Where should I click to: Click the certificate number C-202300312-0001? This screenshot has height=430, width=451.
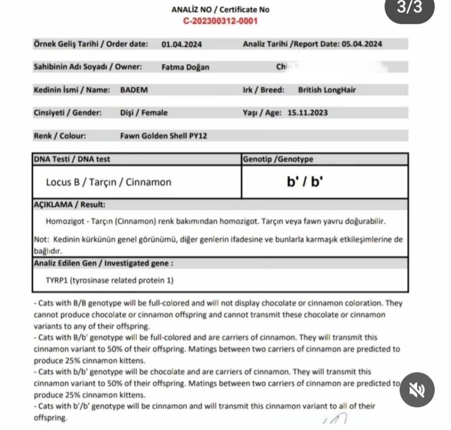(x=220, y=21)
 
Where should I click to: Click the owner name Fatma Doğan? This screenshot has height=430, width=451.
(x=185, y=67)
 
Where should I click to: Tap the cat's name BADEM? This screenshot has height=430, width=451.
(x=134, y=90)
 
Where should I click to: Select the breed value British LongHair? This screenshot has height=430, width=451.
(x=327, y=90)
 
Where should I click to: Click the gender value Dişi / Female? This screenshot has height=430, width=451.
(x=144, y=113)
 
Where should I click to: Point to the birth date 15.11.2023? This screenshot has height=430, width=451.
(x=307, y=113)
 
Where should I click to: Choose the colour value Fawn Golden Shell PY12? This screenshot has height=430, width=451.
(x=163, y=136)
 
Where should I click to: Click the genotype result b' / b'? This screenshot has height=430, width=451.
(x=304, y=182)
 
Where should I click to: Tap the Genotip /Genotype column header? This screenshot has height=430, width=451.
(x=278, y=159)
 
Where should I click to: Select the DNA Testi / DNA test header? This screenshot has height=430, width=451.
(x=72, y=159)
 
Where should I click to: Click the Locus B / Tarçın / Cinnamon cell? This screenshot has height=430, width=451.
(x=108, y=182)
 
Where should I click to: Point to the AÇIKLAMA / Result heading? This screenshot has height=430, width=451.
(x=70, y=205)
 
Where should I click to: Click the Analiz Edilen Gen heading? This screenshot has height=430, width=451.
(x=103, y=263)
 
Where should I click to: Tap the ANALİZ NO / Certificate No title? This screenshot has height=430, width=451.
(x=220, y=9)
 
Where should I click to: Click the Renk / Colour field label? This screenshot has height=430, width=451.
(x=60, y=136)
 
